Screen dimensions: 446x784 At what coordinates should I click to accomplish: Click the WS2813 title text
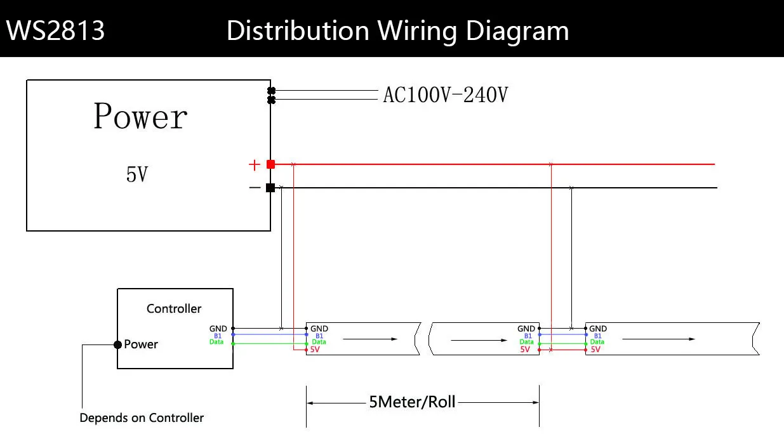56,30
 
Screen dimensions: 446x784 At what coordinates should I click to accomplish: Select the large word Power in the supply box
140,117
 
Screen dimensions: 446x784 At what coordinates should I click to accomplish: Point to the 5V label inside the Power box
137,174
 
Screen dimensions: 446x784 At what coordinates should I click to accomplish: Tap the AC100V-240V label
445,95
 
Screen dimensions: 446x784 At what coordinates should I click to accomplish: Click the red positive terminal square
270,164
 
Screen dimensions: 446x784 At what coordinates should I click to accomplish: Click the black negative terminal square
270,188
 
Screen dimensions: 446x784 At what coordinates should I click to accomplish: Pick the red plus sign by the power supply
255,165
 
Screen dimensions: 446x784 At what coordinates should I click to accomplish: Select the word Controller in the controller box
174,309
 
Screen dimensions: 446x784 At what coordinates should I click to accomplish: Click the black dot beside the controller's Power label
117,344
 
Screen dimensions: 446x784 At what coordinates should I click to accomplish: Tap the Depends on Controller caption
142,418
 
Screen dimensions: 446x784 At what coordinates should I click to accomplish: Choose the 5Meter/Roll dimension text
412,402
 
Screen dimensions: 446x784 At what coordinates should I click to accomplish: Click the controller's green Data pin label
216,343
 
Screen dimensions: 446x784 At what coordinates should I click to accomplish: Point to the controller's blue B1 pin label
218,336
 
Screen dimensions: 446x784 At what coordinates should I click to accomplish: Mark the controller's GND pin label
218,329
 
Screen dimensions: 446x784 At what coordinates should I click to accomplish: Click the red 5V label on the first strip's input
316,350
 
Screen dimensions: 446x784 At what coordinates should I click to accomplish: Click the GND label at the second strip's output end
526,329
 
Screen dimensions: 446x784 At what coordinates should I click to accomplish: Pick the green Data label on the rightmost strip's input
597,343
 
